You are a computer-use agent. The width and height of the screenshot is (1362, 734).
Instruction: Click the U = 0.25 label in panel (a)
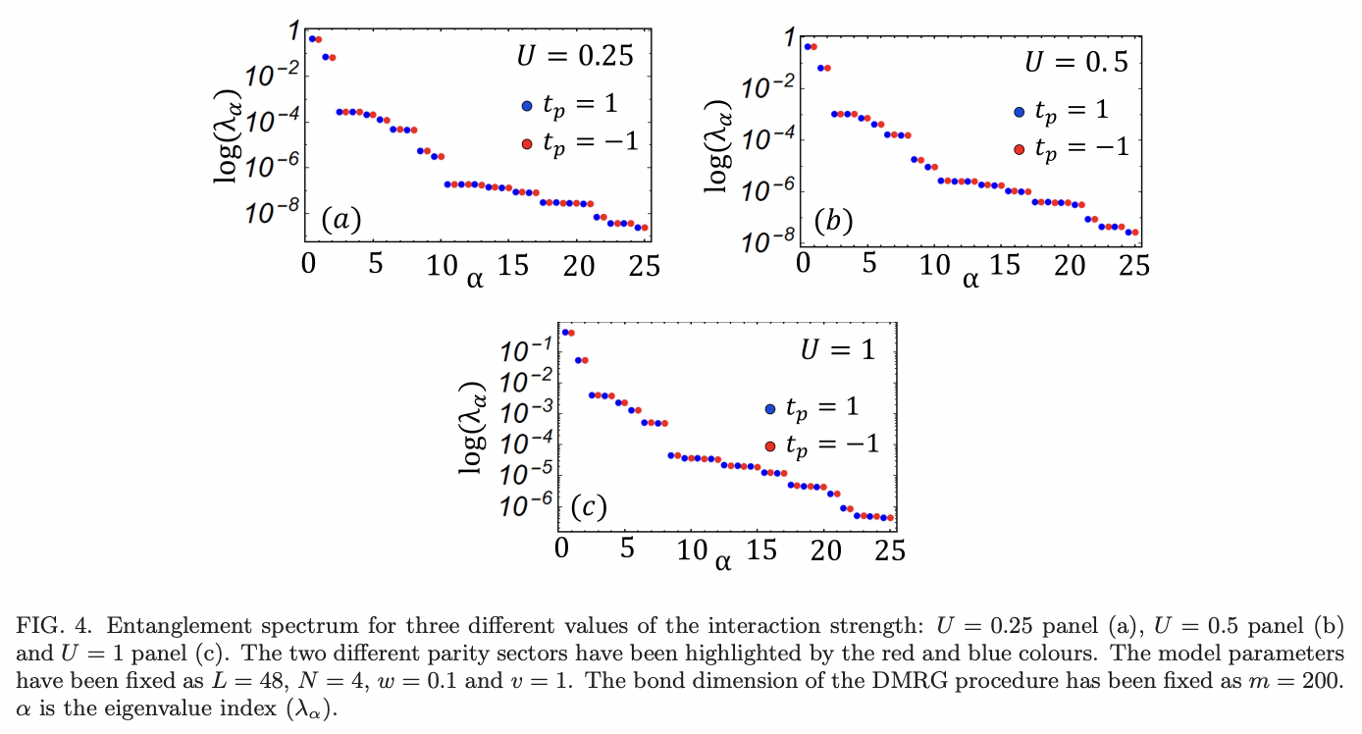pos(575,56)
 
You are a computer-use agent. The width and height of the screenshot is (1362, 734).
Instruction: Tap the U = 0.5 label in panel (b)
pos(1076,62)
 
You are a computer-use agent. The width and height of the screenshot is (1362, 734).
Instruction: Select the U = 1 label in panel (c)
pos(837,350)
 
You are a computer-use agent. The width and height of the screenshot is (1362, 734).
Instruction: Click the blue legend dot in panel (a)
pos(527,106)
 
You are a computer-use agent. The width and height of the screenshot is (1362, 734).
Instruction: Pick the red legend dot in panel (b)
pos(1019,149)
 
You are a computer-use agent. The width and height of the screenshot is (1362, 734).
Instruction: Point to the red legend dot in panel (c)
pos(770,446)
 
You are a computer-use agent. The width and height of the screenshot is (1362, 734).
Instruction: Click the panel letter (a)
pos(340,221)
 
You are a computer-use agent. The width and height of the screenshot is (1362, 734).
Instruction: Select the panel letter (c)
pos(589,507)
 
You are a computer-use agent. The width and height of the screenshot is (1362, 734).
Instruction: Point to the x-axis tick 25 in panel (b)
pos(1134,266)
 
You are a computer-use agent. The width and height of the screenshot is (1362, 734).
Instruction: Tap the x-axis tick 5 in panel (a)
pos(376,266)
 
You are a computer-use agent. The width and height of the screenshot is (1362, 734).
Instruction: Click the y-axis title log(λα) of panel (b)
pos(724,141)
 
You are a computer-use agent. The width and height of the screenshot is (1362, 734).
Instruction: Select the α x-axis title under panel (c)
pos(723,562)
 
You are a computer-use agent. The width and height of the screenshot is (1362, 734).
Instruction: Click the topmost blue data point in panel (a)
pos(312,39)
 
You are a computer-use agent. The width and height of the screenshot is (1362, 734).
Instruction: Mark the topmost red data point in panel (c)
pos(571,333)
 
